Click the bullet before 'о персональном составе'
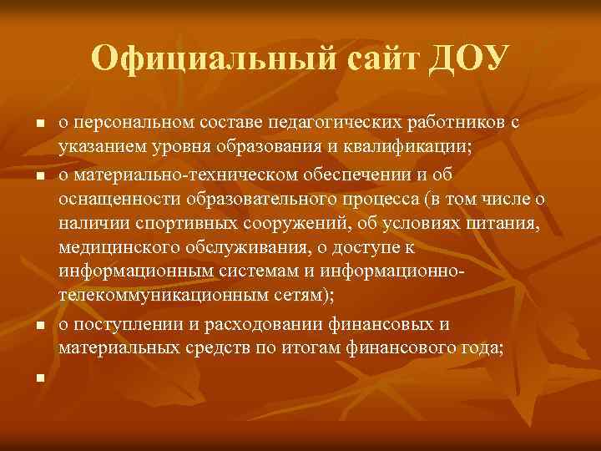(38, 124)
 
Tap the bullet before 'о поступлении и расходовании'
(38, 323)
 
